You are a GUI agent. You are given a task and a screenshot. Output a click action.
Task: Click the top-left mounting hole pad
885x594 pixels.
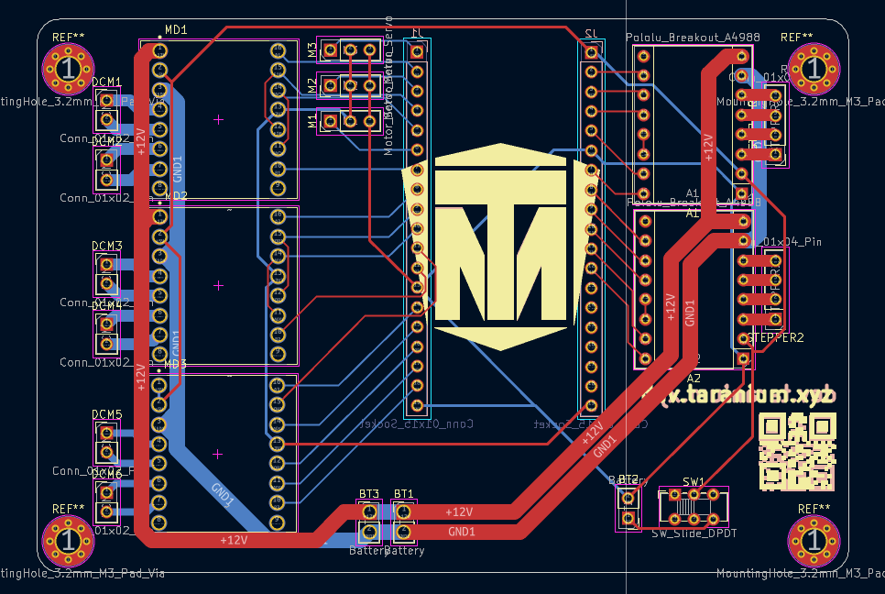(68, 68)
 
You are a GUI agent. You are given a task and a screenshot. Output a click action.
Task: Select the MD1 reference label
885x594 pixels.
(176, 30)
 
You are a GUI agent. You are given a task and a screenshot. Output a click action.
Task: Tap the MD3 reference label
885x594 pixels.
(175, 364)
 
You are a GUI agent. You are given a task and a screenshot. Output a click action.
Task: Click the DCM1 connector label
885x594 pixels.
(107, 82)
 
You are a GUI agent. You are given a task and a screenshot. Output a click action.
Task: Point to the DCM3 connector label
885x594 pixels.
(107, 247)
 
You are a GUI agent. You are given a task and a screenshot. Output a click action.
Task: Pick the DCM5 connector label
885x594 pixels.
(107, 415)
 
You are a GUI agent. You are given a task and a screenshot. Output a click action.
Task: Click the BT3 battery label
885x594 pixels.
(368, 494)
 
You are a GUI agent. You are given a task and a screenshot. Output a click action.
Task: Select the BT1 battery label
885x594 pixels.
(403, 494)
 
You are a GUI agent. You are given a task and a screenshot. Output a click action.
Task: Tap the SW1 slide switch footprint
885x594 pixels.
(694, 507)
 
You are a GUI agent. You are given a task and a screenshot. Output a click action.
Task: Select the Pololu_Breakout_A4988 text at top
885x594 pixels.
(693, 38)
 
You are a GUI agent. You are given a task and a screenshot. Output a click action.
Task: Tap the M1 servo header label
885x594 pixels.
(311, 120)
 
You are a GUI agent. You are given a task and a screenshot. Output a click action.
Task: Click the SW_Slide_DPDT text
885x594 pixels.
(694, 533)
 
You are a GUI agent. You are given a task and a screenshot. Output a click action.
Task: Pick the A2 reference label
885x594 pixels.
(694, 378)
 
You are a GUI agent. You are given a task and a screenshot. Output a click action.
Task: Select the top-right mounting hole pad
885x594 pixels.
(811, 68)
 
